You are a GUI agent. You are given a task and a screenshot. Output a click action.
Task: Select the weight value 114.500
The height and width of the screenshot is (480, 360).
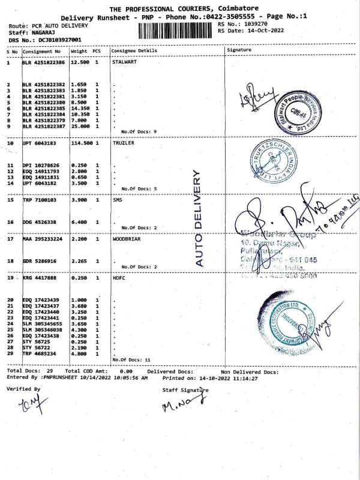pos(81,143)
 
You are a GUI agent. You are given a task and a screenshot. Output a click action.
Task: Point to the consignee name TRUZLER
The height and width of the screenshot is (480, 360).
pos(123,143)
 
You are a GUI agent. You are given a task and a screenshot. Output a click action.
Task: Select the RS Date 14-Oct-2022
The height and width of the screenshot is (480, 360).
pos(260,31)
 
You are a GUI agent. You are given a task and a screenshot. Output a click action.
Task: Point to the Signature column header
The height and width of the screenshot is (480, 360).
pos(239,50)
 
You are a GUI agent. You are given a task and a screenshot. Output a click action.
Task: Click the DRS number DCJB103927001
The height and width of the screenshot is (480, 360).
pos(52,40)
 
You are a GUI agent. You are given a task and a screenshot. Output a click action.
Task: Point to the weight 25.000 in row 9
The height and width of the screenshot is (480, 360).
pos(80,127)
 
